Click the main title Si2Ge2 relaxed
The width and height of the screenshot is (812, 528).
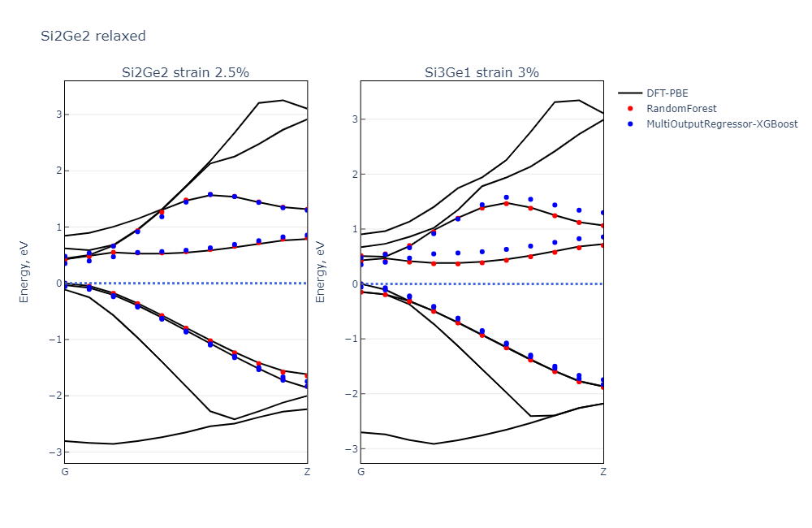click(x=93, y=36)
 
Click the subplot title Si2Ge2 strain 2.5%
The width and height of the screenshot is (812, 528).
click(x=185, y=72)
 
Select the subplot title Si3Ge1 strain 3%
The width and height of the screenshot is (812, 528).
click(x=482, y=72)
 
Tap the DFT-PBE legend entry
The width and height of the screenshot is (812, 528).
click(x=667, y=93)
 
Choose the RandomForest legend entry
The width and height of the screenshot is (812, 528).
click(x=681, y=109)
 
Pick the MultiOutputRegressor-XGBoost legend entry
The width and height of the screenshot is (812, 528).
click(x=722, y=124)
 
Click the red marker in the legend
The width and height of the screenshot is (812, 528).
click(x=630, y=109)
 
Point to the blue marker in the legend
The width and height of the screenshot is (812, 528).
click(x=630, y=124)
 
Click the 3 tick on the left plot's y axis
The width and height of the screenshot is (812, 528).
click(x=58, y=115)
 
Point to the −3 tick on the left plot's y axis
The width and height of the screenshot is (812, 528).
click(x=55, y=452)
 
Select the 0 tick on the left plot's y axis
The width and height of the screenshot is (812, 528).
click(x=58, y=283)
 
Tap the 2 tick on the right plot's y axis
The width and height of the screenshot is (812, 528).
click(x=353, y=174)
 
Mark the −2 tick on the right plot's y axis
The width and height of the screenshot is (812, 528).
click(x=351, y=394)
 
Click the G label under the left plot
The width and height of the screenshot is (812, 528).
click(x=65, y=472)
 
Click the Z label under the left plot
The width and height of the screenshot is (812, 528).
click(x=307, y=472)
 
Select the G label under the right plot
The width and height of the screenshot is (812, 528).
click(x=361, y=472)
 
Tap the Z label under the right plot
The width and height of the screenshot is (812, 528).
click(x=603, y=472)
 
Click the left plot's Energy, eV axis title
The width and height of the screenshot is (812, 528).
click(x=24, y=272)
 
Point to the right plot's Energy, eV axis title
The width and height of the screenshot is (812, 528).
click(x=320, y=272)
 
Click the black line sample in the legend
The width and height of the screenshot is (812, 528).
click(x=630, y=93)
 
